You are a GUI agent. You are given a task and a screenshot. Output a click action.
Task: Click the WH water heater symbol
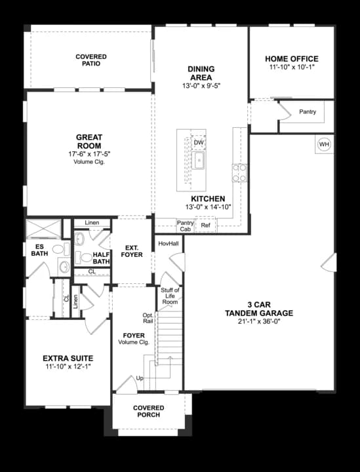click(x=324, y=144)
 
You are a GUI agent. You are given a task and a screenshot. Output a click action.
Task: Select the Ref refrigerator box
click(x=206, y=226)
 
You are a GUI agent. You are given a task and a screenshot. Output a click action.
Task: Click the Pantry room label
click(x=308, y=112)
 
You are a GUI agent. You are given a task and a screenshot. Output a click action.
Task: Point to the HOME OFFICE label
click(x=292, y=59)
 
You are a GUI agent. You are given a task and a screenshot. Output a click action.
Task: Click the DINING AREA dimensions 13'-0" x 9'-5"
click(x=201, y=85)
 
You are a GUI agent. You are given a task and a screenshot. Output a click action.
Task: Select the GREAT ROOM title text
click(x=90, y=142)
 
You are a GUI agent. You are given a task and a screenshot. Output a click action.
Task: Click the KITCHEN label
click(x=209, y=199)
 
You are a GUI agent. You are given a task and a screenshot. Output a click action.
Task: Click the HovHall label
click(x=169, y=243)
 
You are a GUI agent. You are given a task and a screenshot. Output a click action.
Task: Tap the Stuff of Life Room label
click(x=170, y=295)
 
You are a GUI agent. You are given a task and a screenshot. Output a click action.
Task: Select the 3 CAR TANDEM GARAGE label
click(x=260, y=309)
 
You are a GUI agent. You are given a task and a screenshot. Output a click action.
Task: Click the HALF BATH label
click(x=101, y=258)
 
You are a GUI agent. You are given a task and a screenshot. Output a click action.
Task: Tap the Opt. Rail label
click(x=148, y=319)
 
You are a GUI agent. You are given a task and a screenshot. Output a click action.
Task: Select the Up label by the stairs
click(x=139, y=379)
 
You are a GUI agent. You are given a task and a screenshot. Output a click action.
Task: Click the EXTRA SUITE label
click(x=68, y=359)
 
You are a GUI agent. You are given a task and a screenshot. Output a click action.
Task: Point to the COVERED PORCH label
click(x=149, y=412)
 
